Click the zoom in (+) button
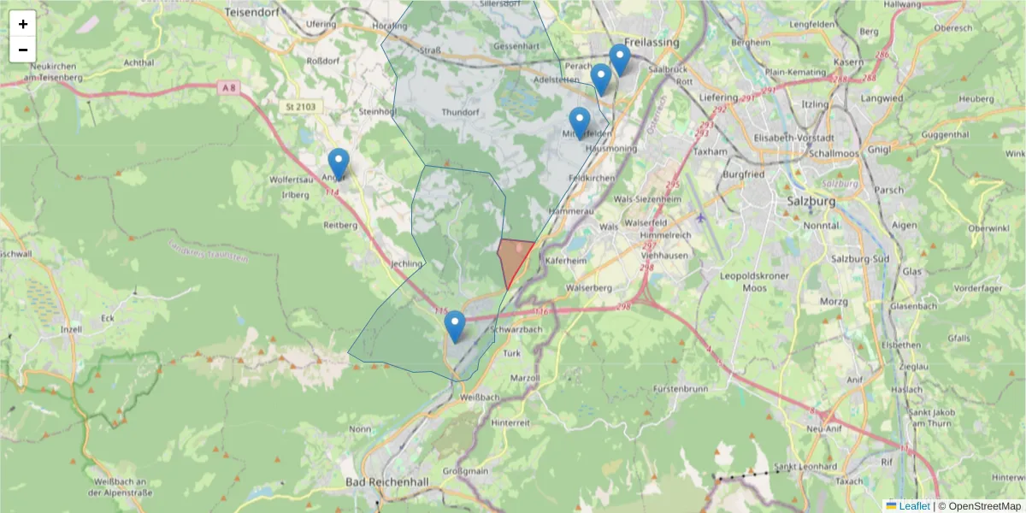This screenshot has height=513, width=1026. (x=23, y=24)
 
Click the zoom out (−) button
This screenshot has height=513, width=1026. (x=23, y=50)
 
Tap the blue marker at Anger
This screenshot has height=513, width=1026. (x=339, y=163)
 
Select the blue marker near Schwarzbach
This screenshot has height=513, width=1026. (x=455, y=326)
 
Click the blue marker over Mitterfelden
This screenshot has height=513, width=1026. (x=580, y=122)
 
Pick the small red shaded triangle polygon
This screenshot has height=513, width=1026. (x=513, y=259)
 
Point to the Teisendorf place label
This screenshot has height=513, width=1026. (x=254, y=13)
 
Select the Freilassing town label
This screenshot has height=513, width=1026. (x=652, y=42)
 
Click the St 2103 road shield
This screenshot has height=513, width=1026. (x=297, y=106)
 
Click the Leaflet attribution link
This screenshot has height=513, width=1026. (x=914, y=506)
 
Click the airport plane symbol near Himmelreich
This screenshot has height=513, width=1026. (x=701, y=216)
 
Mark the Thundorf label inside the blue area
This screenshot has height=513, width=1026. (x=461, y=112)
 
